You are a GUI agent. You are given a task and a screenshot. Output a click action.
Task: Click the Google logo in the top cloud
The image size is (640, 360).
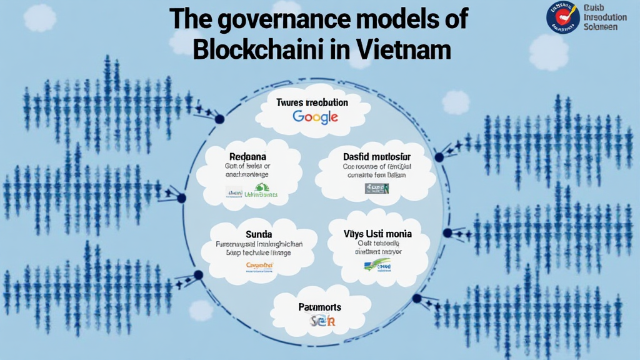coord(315,116)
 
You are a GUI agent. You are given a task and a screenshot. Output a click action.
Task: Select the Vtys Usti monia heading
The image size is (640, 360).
coord(377,234)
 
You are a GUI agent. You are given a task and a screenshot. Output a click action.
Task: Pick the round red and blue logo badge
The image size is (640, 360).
coord(562,17)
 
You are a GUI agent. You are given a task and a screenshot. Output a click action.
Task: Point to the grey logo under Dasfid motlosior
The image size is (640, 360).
coord(377,187)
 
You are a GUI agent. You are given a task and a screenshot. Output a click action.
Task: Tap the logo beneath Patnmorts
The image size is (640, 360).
coord(323,321)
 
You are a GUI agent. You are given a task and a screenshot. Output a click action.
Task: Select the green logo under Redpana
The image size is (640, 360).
coord(264,194)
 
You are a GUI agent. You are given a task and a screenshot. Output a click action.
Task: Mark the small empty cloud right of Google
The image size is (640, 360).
coord(456,102)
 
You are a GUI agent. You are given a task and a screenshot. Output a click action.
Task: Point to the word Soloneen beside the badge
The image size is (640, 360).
coord(601,27)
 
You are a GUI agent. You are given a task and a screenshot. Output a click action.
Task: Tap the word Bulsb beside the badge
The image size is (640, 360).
coord(593,7)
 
